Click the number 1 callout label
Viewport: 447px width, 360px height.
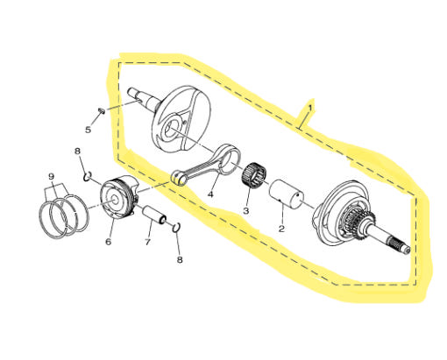(x=310, y=108)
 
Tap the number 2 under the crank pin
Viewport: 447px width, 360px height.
(x=281, y=229)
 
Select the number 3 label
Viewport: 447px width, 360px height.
(x=245, y=210)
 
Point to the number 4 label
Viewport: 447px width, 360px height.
(x=210, y=194)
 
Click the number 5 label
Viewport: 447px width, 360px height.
(x=88, y=130)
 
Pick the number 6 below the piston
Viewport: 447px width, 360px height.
(x=108, y=242)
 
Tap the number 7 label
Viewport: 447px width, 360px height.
(x=147, y=242)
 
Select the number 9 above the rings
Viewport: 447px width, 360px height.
(x=51, y=176)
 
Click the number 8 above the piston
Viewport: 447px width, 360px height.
(x=77, y=152)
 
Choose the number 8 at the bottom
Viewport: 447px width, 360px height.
(x=180, y=259)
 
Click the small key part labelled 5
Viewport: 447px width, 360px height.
(x=102, y=110)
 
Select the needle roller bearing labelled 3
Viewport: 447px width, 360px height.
(x=254, y=174)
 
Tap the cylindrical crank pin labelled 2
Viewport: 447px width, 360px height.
(x=287, y=194)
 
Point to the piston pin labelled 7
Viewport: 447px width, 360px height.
(x=154, y=215)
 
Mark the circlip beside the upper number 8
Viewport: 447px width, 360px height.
(x=87, y=176)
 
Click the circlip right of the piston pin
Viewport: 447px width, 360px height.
(x=176, y=228)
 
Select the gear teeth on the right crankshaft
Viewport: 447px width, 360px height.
(x=360, y=220)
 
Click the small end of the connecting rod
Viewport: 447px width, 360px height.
(x=179, y=178)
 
